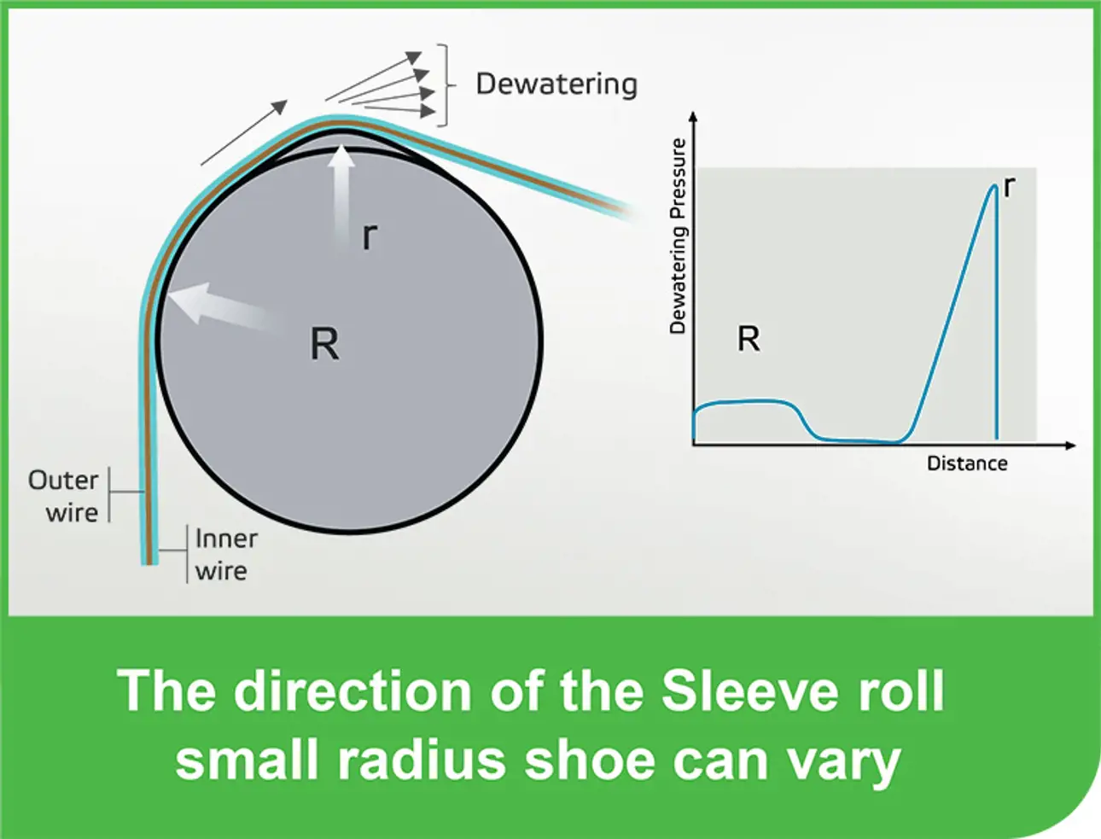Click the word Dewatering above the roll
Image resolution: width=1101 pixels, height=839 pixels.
[x=556, y=84]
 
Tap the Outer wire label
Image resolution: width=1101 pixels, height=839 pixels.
[x=63, y=496]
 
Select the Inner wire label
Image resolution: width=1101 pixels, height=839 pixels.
[x=225, y=555]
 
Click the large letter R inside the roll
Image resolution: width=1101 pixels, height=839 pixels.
[x=324, y=345]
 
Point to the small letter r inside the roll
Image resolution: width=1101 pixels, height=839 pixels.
[x=369, y=236]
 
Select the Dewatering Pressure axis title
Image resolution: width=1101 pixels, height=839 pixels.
[x=679, y=236]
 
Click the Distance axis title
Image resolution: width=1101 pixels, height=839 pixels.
[x=967, y=463]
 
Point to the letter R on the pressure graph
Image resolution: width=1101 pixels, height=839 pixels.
[x=749, y=340]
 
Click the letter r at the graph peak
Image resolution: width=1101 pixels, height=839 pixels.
[x=1010, y=187]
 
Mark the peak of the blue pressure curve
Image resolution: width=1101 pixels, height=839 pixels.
[x=994, y=186]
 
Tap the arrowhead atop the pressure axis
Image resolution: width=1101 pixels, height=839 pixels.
[x=693, y=116]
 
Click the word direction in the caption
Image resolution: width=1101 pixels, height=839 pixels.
[x=352, y=690]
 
